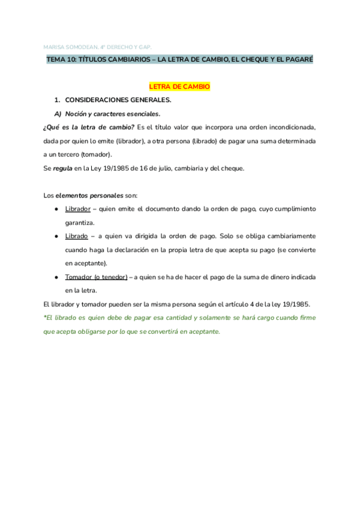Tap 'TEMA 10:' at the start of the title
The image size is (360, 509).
pyautogui.click(x=61, y=60)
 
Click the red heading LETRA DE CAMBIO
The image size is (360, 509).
pyautogui.click(x=179, y=87)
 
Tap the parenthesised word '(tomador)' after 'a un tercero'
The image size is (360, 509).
pyautogui.click(x=97, y=154)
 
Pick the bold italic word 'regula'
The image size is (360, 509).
pyautogui.click(x=62, y=169)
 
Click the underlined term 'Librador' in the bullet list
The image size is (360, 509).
pyautogui.click(x=77, y=208)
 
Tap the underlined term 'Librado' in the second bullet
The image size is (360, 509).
pyautogui.click(x=76, y=236)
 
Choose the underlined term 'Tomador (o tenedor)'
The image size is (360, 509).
pyautogui.click(x=96, y=277)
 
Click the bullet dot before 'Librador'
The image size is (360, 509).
pyautogui.click(x=56, y=208)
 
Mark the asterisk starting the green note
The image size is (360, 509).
pyautogui.click(x=46, y=317)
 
